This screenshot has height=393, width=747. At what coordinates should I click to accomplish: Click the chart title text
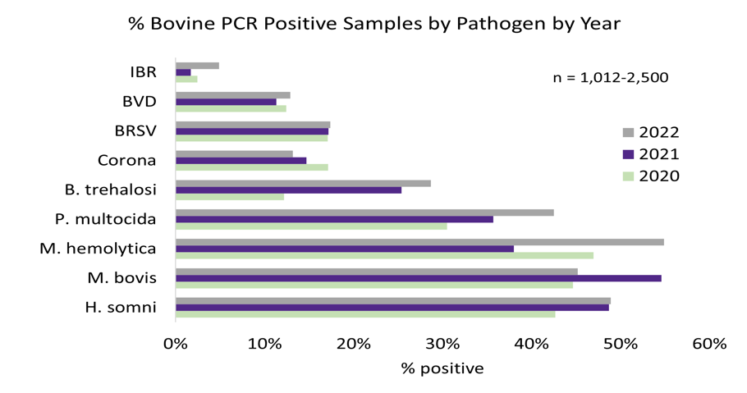point(373,24)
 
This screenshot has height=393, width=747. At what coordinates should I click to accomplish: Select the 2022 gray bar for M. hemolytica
point(419,242)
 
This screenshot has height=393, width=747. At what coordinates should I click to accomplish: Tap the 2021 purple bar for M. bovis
point(419,278)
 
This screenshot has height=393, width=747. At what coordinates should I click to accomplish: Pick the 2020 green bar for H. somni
point(365,314)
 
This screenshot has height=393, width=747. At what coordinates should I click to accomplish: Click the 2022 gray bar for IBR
point(197,66)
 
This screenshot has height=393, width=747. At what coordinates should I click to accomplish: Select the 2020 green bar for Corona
point(252,167)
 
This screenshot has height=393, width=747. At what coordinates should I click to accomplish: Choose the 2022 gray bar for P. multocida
point(364,212)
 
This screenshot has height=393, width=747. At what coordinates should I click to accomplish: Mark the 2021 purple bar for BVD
point(227,102)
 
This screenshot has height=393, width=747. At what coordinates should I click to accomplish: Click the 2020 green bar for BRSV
point(252,138)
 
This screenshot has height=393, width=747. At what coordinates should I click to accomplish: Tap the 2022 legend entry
point(651,133)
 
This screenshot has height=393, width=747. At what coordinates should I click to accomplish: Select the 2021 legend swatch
point(629,154)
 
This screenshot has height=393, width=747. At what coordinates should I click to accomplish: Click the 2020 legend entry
point(651,176)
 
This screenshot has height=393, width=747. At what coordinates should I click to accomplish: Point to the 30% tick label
point(442,344)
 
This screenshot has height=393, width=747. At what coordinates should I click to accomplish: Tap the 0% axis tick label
point(176,344)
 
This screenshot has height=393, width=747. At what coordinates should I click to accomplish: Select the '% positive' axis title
point(442,368)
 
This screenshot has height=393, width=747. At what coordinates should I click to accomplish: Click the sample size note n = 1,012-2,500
point(610,78)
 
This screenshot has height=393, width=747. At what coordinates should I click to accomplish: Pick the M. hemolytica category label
point(98,249)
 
